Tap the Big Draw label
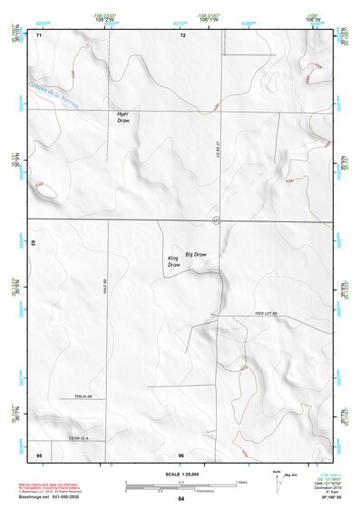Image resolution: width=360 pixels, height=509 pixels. pos(196,255)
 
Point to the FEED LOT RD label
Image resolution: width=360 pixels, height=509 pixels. pos(265,312)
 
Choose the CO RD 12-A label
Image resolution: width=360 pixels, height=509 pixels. pos(82,439)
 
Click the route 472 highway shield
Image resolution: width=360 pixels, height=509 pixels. pos(216,220)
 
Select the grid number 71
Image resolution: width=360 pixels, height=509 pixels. pos(39,35)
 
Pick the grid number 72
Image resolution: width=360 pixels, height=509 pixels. pos(182,35)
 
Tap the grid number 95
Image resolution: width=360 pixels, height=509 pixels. pos(39,454)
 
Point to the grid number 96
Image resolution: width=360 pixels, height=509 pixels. pos(181,454)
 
